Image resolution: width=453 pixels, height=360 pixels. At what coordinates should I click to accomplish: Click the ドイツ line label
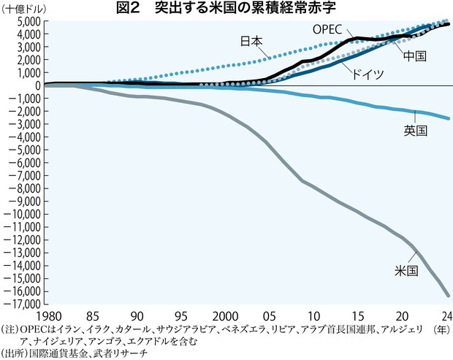365,75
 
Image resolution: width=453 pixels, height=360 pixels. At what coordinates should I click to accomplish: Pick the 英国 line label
415,131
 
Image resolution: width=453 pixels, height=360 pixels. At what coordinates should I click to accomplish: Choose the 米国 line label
406,270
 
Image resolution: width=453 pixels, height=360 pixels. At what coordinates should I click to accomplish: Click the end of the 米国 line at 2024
449,296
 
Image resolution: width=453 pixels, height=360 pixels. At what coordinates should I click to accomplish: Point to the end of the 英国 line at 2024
449,118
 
